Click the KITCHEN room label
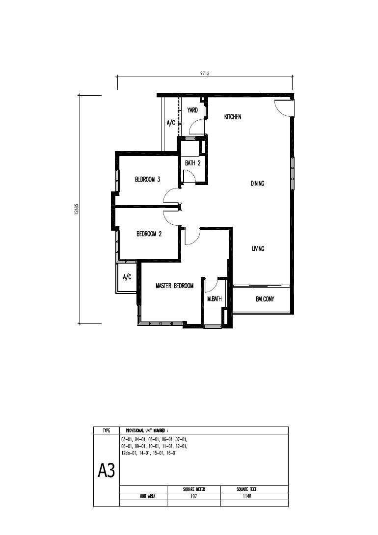click(233, 117)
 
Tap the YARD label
click(192, 110)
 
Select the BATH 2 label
click(193, 163)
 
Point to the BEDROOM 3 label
click(148, 179)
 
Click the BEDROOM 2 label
click(149, 234)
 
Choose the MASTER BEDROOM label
click(174, 286)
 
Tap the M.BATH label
click(214, 299)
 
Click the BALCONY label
click(265, 299)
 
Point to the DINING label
click(258, 183)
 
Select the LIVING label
click(258, 249)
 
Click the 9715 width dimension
click(205, 73)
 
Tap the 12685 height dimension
click(76, 209)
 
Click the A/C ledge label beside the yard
click(171, 123)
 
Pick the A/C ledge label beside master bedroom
click(127, 277)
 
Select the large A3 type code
click(107, 471)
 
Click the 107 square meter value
click(193, 496)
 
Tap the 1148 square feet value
click(247, 496)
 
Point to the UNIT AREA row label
click(147, 496)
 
